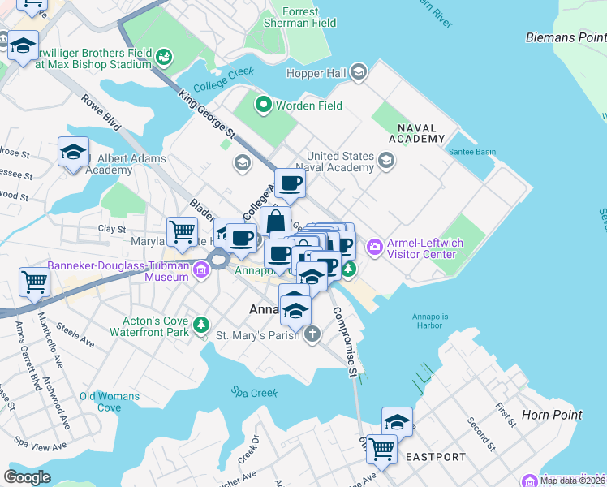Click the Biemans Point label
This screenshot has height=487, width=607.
[x=565, y=38]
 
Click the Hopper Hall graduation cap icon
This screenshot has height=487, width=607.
[x=358, y=74]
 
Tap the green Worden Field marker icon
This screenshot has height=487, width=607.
[x=263, y=105]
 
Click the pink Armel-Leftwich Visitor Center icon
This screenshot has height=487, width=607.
[x=375, y=246]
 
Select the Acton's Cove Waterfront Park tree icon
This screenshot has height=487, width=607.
[x=201, y=326]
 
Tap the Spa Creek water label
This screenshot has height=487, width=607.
[x=253, y=393]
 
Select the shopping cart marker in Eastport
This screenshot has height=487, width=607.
[x=381, y=447]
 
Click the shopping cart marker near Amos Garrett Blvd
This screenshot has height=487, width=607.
[x=36, y=282]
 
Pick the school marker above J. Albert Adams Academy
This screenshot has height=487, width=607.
[x=73, y=151]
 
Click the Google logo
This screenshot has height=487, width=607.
[x=28, y=476]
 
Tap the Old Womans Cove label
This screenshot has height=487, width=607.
[x=110, y=402]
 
